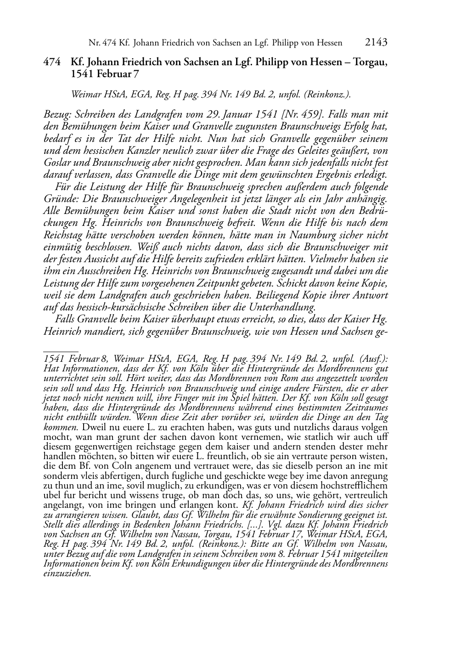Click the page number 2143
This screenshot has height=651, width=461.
coord(376,42)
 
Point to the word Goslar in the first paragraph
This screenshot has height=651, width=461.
coord(56,163)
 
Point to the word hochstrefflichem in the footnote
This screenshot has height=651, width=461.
coord(353,485)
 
